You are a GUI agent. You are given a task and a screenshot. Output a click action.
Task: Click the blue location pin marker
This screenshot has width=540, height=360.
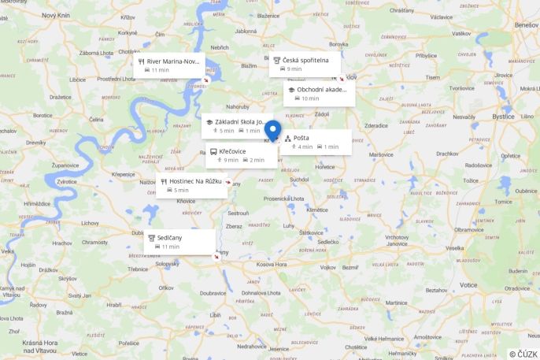273,130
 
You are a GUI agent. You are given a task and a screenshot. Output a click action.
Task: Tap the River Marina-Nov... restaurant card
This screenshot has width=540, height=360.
168,65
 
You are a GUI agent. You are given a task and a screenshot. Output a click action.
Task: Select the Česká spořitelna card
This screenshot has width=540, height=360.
305,65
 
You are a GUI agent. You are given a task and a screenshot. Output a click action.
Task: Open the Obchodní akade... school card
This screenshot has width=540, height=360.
318,94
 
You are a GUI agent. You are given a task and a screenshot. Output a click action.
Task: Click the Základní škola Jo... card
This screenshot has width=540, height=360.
235,126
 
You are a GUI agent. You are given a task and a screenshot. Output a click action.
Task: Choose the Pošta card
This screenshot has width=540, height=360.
315,142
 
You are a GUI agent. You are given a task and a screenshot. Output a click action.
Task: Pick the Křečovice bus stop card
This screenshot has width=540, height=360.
241,155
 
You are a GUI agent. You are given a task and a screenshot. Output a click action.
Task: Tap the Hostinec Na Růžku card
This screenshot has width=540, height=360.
191,185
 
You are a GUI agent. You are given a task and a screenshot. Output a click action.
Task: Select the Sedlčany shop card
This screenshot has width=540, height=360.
179,242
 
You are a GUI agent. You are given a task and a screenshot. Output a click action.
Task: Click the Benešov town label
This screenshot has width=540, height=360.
525,25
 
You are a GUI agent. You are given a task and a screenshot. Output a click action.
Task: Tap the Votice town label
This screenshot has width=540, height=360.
469,284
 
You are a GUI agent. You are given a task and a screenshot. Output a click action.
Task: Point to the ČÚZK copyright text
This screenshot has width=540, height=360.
523,354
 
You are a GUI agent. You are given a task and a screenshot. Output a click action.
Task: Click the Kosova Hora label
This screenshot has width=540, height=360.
271,264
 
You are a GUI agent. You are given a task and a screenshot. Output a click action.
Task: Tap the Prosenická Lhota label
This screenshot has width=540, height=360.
283,199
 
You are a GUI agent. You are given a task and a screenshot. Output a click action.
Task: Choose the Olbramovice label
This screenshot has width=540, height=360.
469,229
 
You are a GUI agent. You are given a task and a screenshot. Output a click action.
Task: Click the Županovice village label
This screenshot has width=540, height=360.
72,165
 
